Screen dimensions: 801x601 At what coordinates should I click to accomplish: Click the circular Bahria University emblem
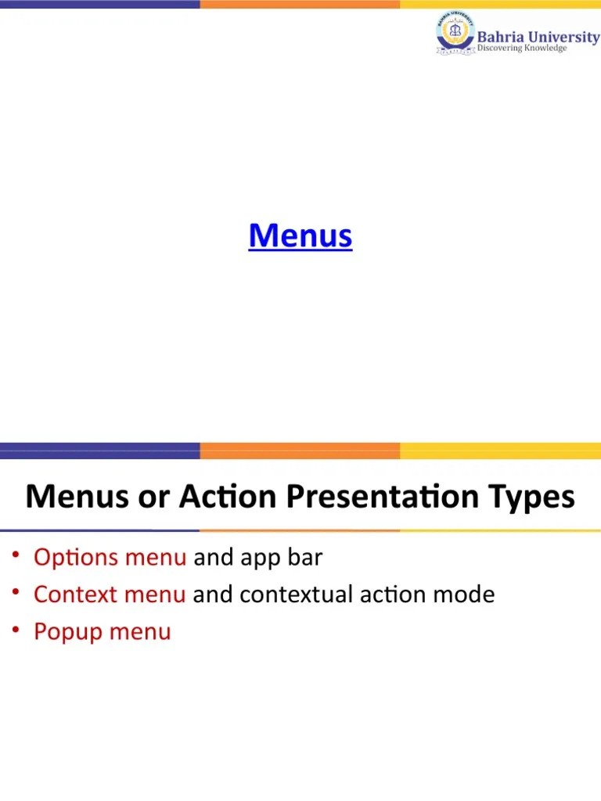tap(455, 36)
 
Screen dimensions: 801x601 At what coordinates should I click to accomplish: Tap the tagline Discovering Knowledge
tap(521, 48)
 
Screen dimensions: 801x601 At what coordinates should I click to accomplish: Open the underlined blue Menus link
tap(300, 235)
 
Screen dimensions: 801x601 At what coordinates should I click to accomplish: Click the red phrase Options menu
tap(110, 558)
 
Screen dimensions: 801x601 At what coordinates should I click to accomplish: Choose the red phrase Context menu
tap(110, 594)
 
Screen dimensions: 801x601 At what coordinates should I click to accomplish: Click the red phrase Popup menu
tap(102, 631)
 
